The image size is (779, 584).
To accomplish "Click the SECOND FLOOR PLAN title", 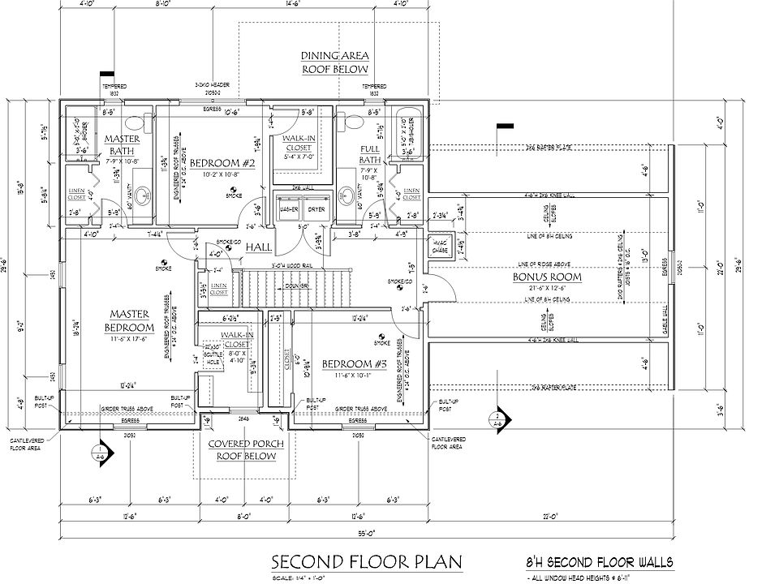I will [x=366, y=562].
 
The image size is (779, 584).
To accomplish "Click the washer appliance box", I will [x=287, y=208].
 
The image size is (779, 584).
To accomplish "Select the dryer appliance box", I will [x=316, y=208].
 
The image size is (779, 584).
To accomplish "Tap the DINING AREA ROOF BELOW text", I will [x=335, y=62].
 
